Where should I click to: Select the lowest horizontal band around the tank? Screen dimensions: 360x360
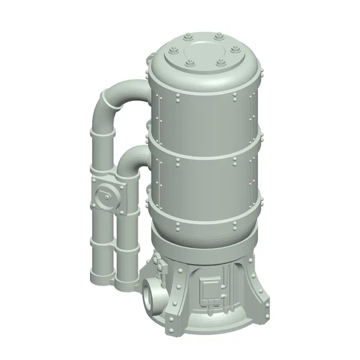[202, 225]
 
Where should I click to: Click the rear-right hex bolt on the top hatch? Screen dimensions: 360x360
[218, 39]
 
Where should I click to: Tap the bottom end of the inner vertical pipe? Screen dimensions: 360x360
[126, 283]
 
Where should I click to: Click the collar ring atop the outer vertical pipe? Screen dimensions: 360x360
[102, 134]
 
